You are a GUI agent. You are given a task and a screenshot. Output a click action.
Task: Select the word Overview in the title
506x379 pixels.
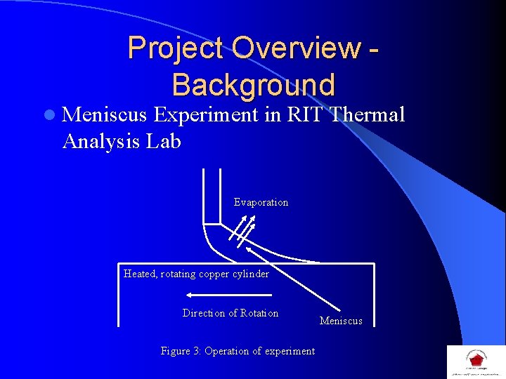294,48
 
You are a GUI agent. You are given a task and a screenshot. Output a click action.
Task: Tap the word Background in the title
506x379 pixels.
253,85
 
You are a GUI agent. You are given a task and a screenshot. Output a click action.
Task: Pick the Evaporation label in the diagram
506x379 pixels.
261,202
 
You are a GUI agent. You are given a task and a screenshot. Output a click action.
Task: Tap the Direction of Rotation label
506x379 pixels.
230,313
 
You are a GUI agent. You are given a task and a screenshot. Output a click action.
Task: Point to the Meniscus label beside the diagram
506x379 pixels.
341,321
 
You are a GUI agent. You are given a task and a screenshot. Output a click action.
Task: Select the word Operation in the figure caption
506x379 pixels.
229,351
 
